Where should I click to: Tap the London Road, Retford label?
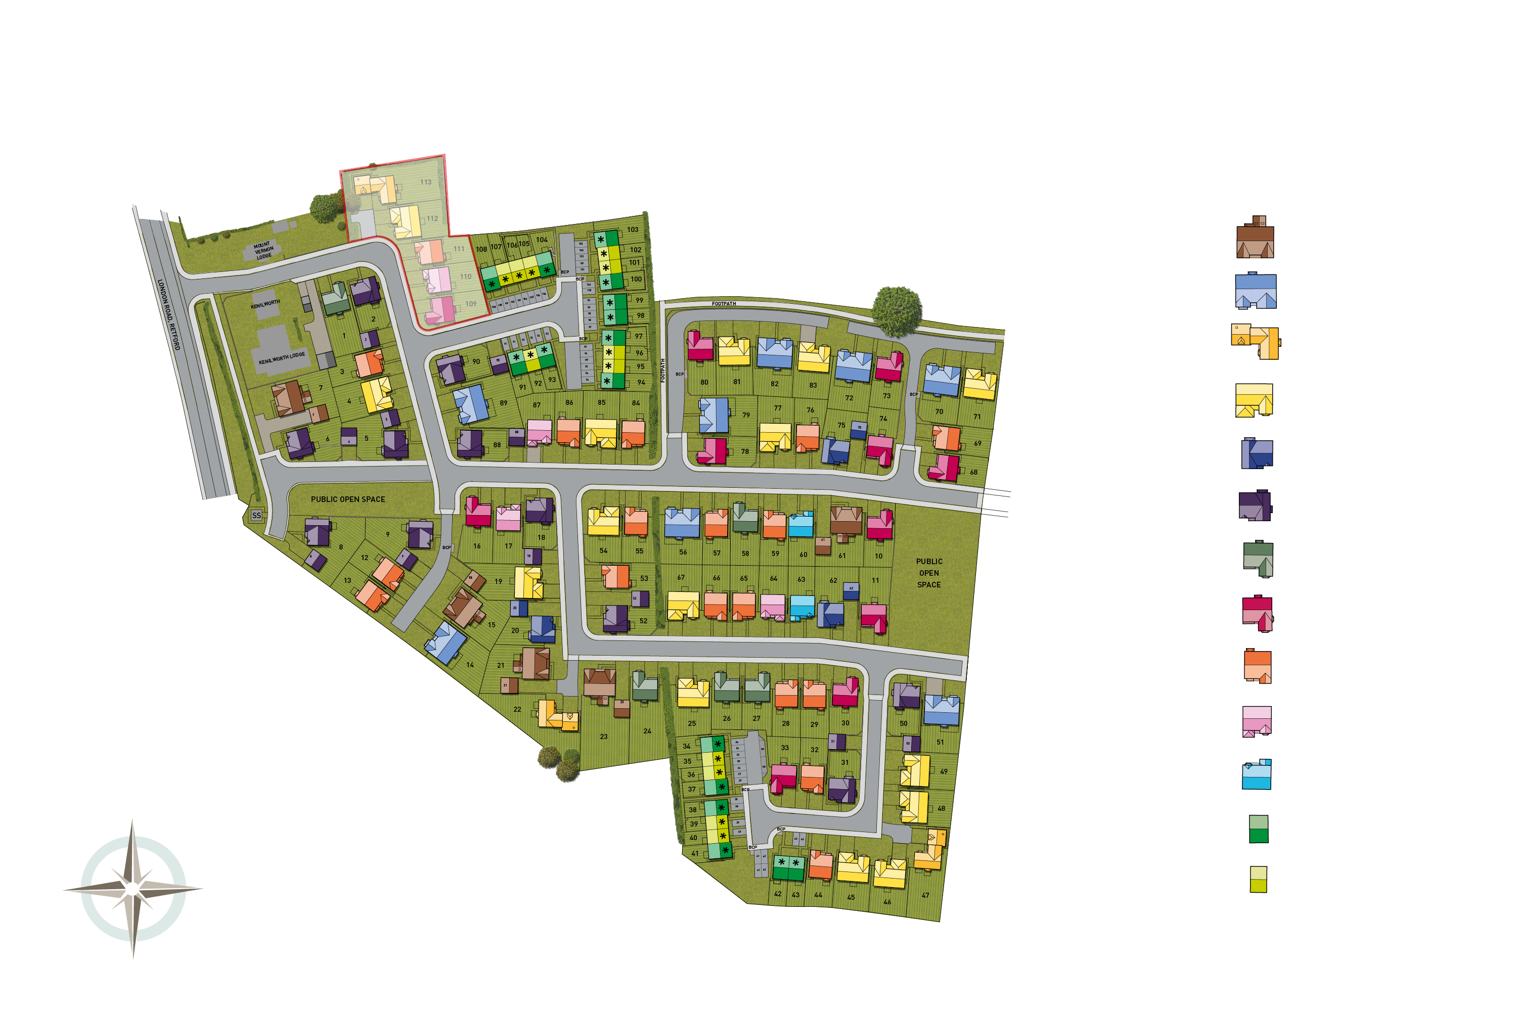click(x=169, y=314)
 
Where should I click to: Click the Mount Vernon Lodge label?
click(x=263, y=251)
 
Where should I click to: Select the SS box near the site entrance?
click(x=257, y=515)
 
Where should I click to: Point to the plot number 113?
click(x=426, y=182)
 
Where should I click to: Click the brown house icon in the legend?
click(x=1255, y=238)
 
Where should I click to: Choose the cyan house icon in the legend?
click(x=1257, y=774)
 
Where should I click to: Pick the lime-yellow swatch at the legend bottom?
click(x=1259, y=880)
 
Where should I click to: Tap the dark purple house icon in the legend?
click(x=1255, y=505)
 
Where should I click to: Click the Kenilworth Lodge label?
click(x=282, y=358)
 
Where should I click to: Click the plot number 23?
click(x=604, y=737)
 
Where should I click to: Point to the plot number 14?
click(x=470, y=665)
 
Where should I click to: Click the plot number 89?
click(x=504, y=403)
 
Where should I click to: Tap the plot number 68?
click(x=974, y=472)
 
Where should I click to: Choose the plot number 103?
click(x=633, y=229)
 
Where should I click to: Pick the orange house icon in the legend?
click(x=1257, y=667)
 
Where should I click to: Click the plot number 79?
click(x=746, y=415)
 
